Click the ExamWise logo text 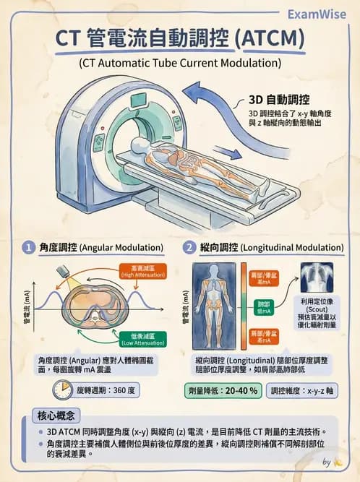click(x=319, y=14)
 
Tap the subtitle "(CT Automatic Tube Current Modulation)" click(x=180, y=64)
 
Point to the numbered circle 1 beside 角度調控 click(x=29, y=248)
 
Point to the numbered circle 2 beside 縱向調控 click(x=189, y=248)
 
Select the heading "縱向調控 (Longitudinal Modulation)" click(x=267, y=248)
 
